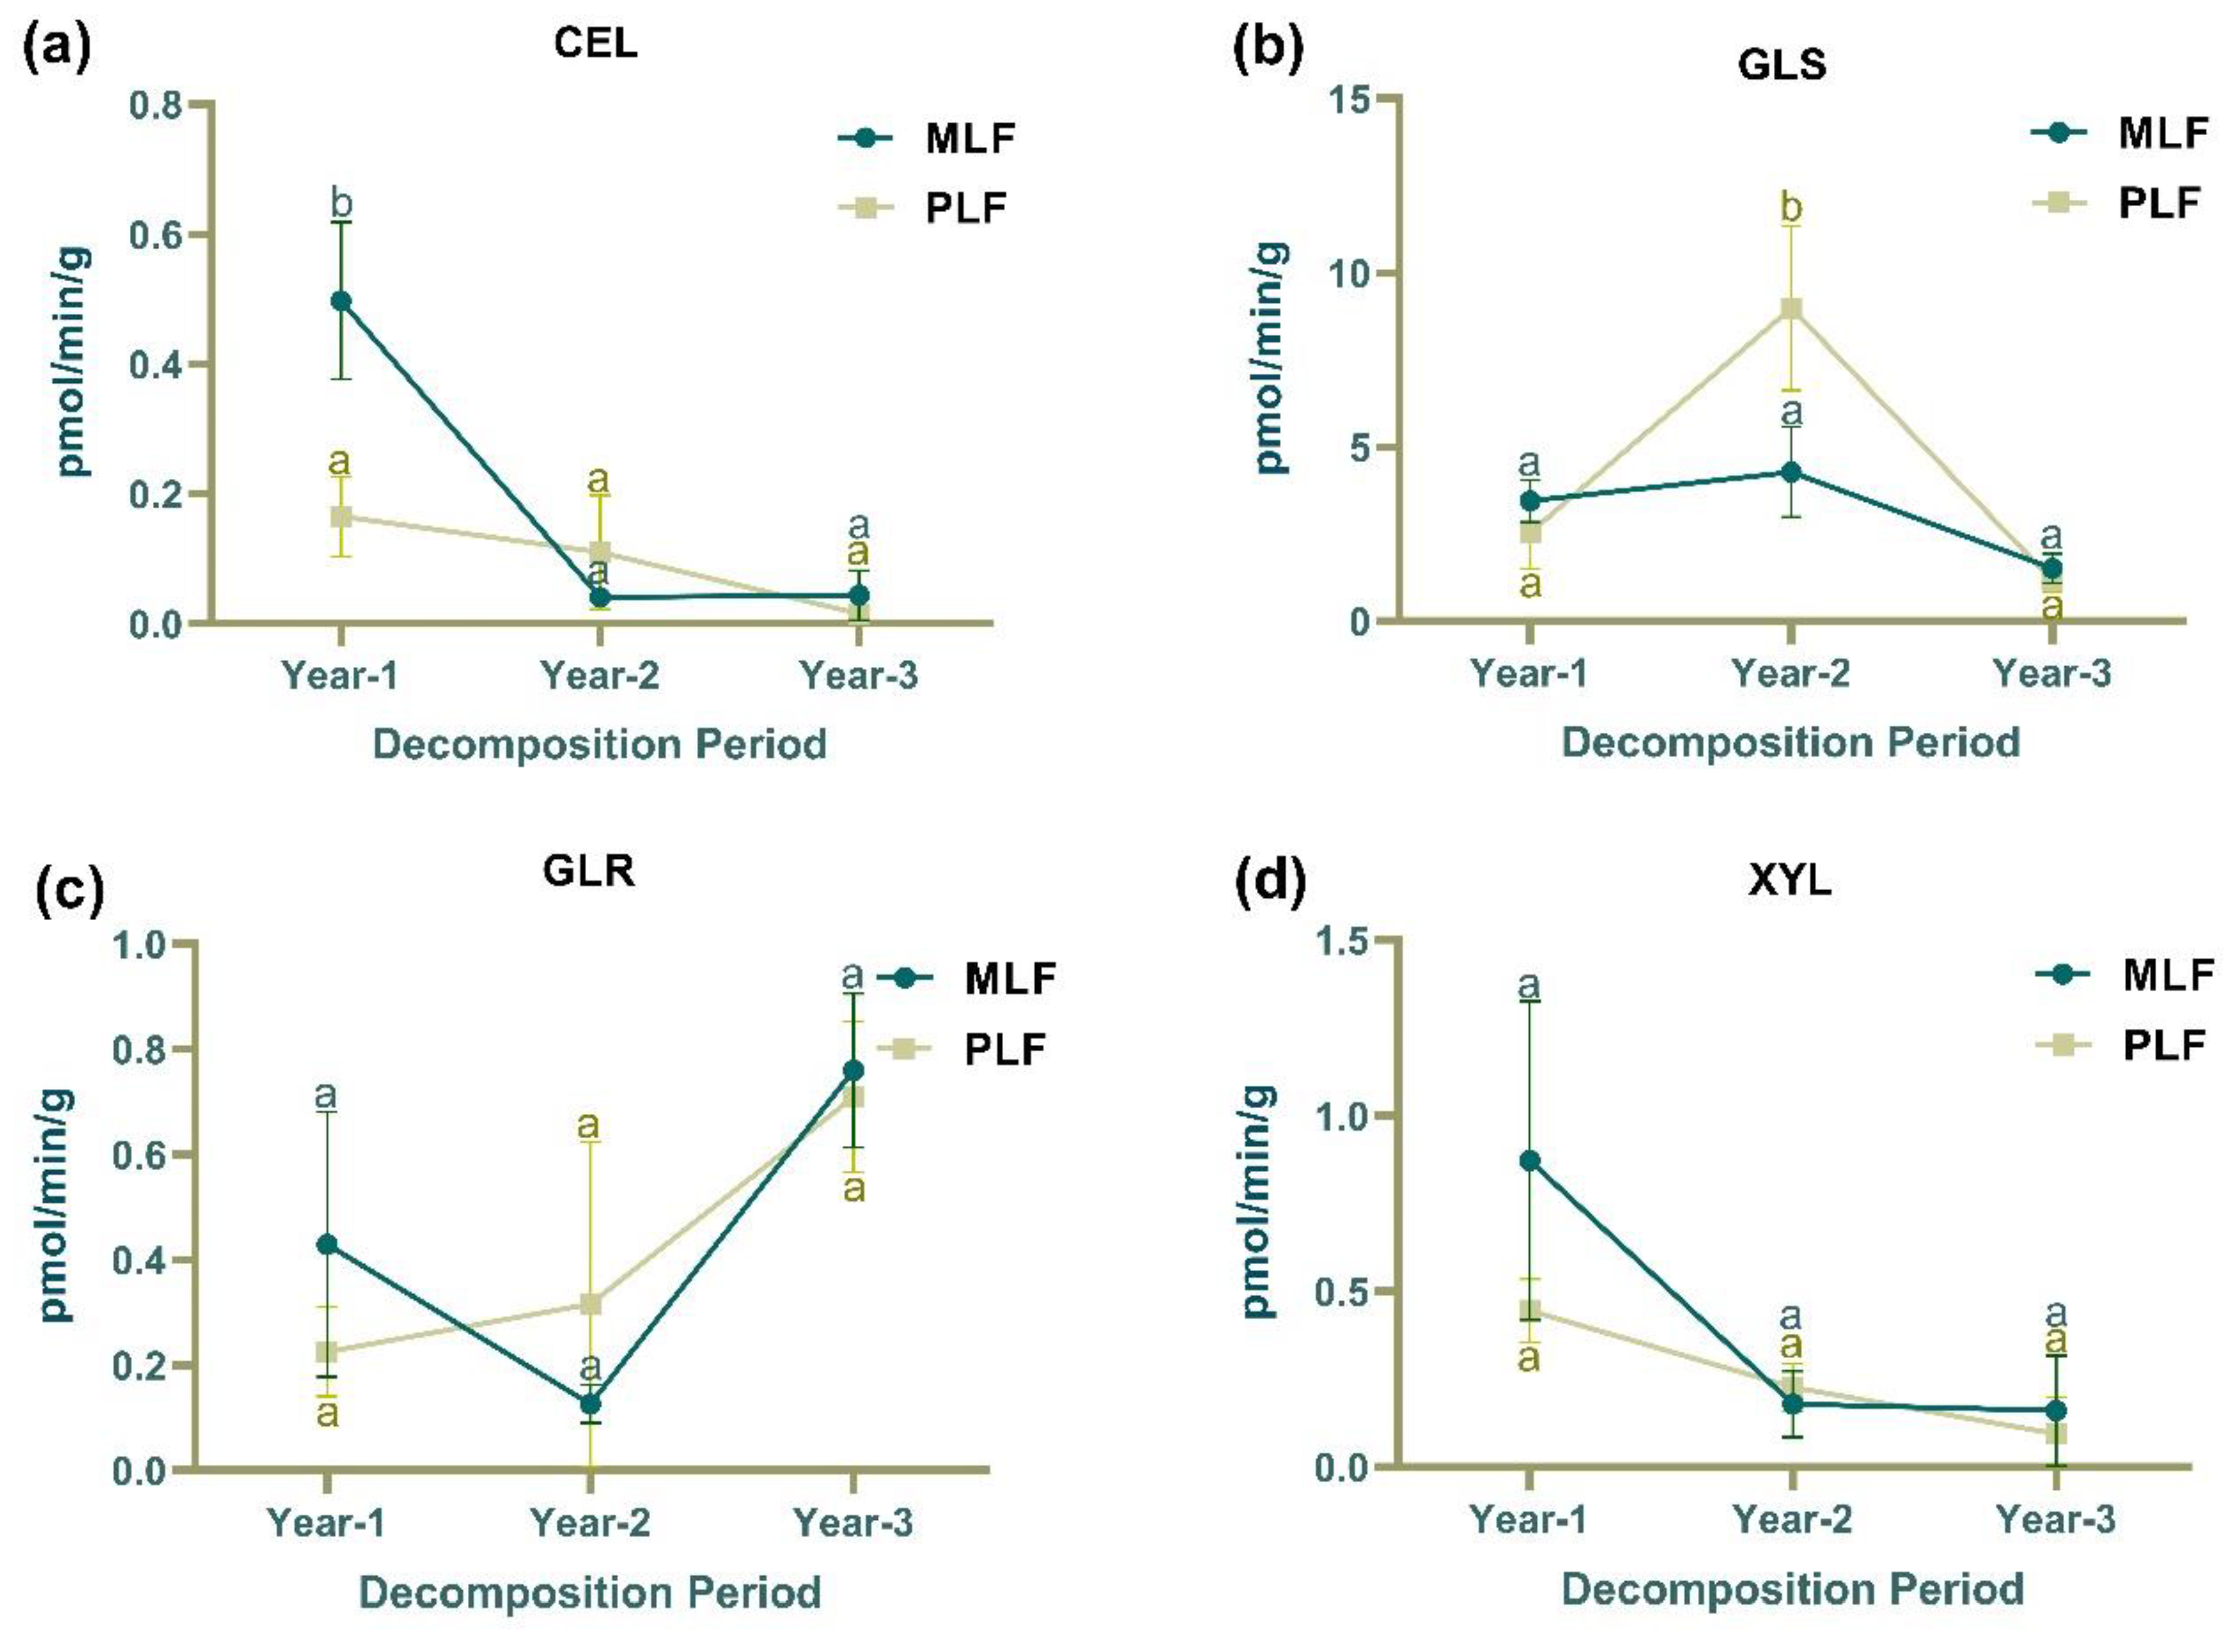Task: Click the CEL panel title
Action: [x=595, y=44]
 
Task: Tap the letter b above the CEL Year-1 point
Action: [x=341, y=204]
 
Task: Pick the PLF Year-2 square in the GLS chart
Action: [x=1791, y=309]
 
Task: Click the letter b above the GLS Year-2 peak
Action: [x=1791, y=210]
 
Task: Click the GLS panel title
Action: [x=1782, y=65]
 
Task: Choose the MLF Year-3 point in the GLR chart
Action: [x=853, y=1070]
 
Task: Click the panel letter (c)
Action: [x=69, y=890]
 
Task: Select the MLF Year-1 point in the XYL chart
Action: [x=1529, y=1161]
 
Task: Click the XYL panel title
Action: [x=1789, y=880]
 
